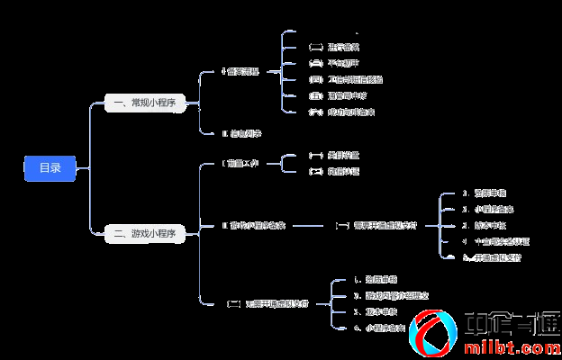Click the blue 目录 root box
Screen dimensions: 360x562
point(50,168)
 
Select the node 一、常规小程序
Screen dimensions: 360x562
point(145,103)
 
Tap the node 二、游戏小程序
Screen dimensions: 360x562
point(145,233)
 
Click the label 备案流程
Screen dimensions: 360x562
point(240,71)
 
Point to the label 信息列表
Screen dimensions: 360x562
point(241,133)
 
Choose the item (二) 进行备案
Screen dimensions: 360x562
point(334,47)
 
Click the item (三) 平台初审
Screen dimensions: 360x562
point(334,63)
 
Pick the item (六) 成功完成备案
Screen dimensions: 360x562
point(341,112)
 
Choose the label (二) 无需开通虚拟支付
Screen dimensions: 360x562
point(267,304)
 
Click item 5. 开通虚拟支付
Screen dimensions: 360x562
point(491,257)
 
